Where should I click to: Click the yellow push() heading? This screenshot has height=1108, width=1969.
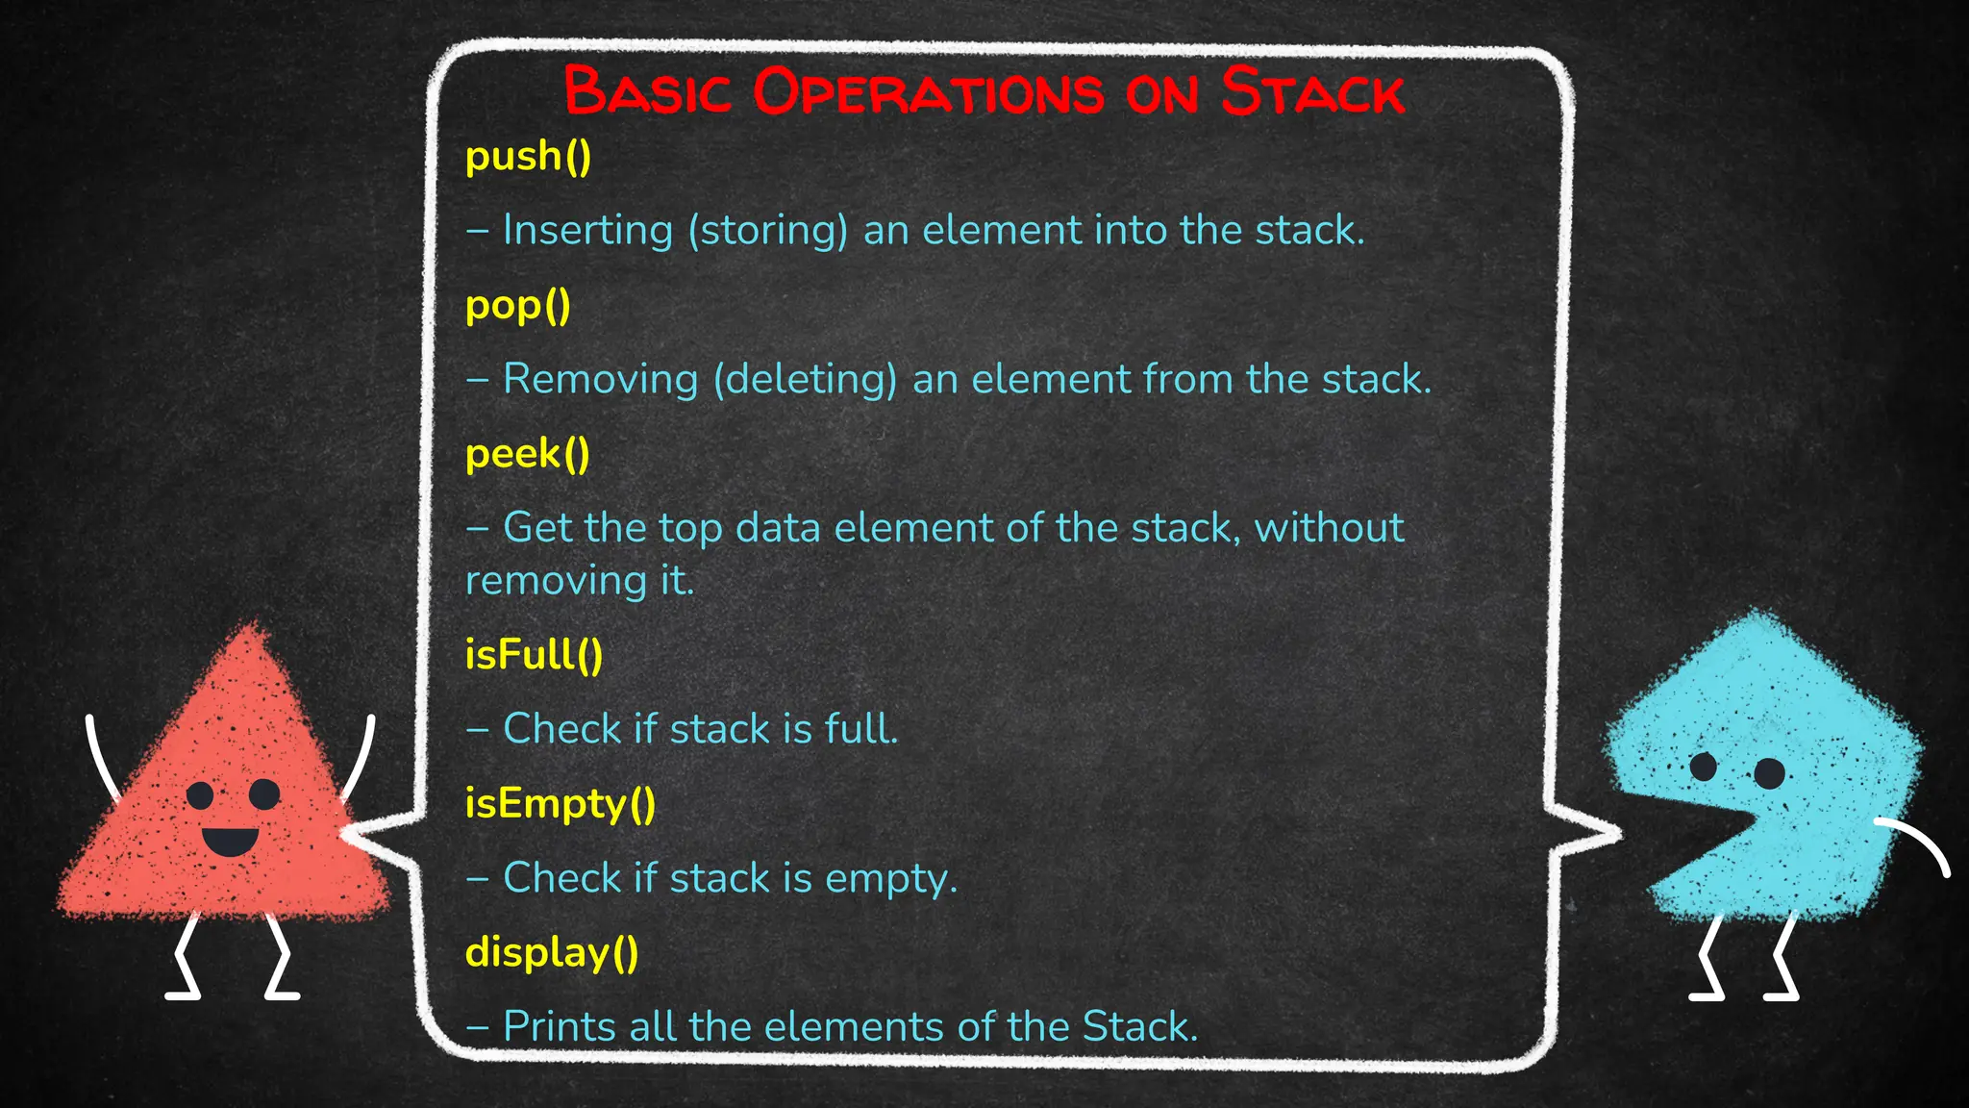click(528, 157)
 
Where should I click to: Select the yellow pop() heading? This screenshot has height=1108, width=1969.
click(517, 307)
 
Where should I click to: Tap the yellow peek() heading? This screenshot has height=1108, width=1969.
click(527, 455)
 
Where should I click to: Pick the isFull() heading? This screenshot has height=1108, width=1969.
click(534, 655)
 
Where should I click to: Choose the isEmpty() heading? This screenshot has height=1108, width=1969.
click(560, 804)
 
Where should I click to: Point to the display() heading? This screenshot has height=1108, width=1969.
click(552, 953)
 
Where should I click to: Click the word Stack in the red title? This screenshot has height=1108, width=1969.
click(1312, 92)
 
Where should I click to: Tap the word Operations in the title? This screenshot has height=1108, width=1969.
click(929, 92)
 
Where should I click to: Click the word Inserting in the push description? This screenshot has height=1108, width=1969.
click(587, 231)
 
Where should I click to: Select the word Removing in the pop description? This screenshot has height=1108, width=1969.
click(600, 379)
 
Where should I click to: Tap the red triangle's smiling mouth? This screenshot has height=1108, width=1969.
click(230, 842)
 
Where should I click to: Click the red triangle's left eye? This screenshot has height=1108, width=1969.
click(200, 795)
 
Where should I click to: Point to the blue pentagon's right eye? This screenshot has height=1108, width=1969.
click(1769, 772)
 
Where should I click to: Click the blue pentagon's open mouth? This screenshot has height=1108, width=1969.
click(1692, 827)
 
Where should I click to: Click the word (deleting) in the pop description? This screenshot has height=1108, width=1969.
click(805, 379)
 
